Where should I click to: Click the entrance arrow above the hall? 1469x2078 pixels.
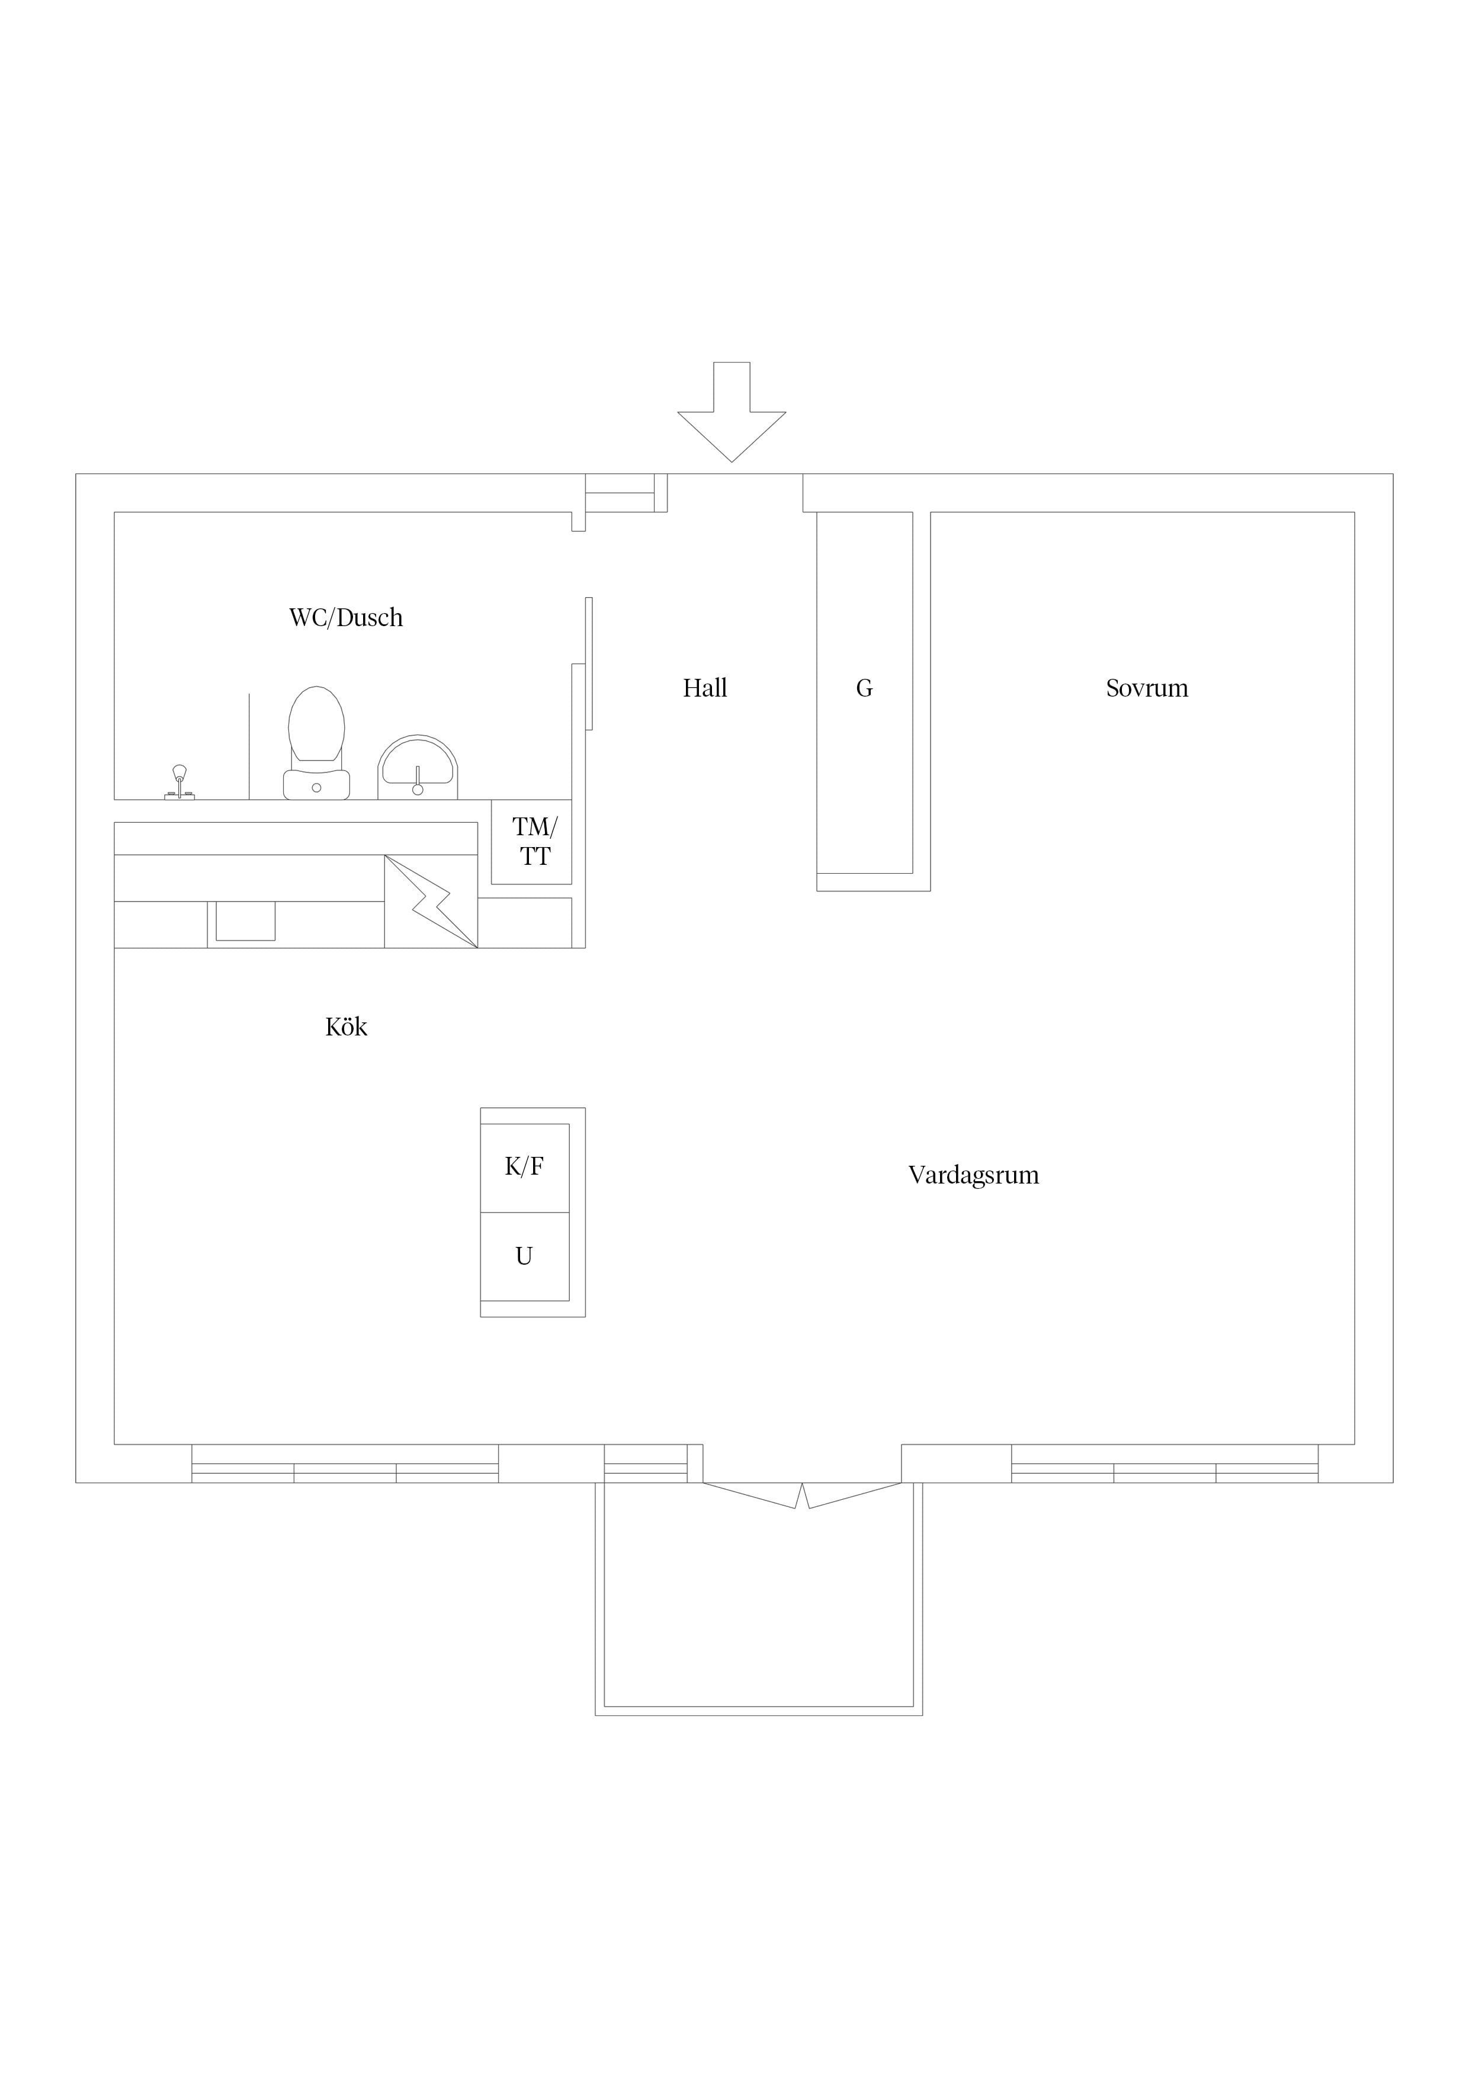(x=732, y=412)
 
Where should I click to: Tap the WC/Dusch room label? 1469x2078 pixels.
(x=346, y=618)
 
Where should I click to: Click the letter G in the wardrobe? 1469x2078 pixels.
(x=864, y=689)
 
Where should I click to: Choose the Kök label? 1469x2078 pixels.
(x=346, y=1027)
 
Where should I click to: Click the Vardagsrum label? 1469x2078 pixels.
(x=974, y=1176)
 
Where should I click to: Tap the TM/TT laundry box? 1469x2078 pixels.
(x=532, y=842)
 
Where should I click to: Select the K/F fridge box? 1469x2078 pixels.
(x=525, y=1168)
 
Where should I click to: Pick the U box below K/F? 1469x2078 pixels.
(x=525, y=1256)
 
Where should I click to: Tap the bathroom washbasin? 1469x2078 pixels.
(x=417, y=768)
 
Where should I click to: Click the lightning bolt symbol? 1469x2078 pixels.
(x=431, y=902)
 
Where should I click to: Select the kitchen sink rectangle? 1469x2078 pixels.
(x=245, y=921)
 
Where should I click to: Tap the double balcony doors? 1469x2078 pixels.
(x=802, y=1496)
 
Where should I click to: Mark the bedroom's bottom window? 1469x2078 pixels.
(x=1165, y=1464)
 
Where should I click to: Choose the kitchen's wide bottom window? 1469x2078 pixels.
(x=345, y=1464)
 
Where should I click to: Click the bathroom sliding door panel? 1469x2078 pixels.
(x=589, y=663)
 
